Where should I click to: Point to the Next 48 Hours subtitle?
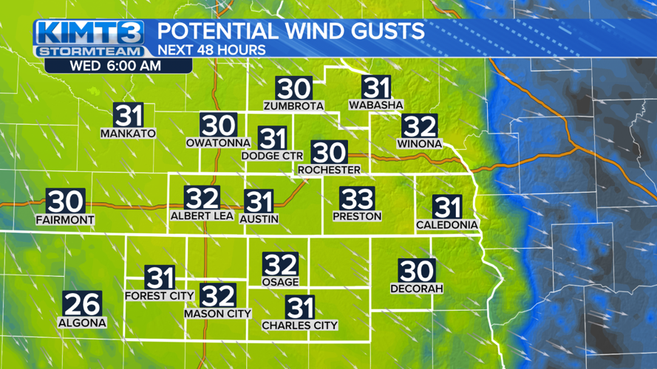click(211, 50)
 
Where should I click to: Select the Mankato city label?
click(129, 134)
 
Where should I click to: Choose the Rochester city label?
click(329, 170)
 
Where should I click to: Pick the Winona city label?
click(419, 143)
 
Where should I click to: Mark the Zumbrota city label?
click(293, 106)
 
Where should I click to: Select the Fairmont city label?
click(65, 220)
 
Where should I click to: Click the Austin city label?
click(259, 218)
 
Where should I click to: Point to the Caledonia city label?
click(447, 224)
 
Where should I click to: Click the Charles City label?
click(300, 325)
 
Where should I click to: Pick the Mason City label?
click(218, 314)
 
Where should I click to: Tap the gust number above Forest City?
click(160, 278)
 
